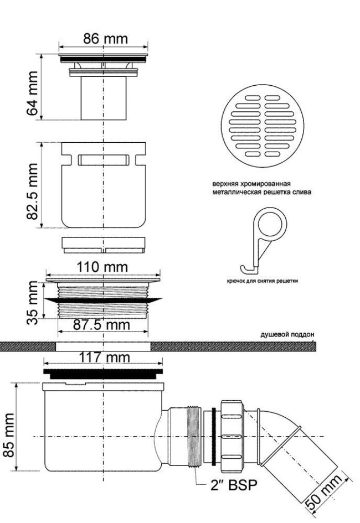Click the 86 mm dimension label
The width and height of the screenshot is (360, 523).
click(105, 39)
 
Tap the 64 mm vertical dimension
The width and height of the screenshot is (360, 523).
click(32, 93)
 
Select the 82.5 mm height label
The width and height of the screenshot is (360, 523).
click(32, 191)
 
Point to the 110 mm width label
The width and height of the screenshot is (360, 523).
click(102, 267)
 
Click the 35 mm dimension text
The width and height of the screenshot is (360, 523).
click(33, 303)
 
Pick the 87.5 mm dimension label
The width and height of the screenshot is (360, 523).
click(101, 325)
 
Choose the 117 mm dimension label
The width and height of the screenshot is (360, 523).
click(104, 358)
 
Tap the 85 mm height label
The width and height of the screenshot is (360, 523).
click(8, 435)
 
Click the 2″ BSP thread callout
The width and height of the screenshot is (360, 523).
click(234, 485)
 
